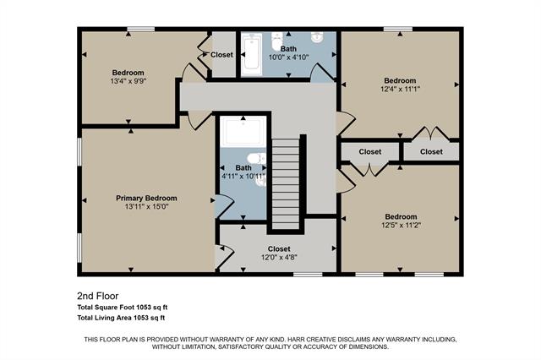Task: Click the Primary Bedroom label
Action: coord(145,198)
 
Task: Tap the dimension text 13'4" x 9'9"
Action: coord(128,82)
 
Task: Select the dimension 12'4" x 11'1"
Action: coord(400,90)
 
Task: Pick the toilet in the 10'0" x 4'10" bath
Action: coord(276,41)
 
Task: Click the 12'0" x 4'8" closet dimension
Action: coord(279,259)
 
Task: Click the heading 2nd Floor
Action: coord(97,297)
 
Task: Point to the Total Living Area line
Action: coord(121,318)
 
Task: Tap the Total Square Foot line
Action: coord(122,308)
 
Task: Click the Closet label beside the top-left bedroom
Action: coord(222,55)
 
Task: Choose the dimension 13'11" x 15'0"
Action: coord(145,207)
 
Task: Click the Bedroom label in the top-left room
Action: coord(128,73)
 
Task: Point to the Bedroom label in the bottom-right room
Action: coord(401,216)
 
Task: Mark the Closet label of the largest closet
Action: coord(279,249)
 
